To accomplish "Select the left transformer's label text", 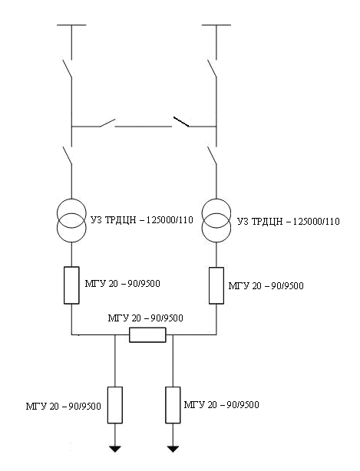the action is click(x=142, y=220).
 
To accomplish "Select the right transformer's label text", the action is click(x=289, y=222).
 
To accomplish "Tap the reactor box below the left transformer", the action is click(x=71, y=285).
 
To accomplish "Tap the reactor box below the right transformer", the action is click(x=216, y=285).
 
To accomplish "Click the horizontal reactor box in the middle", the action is click(x=147, y=334).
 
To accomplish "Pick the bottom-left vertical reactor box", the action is click(x=115, y=405).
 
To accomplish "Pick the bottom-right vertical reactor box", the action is click(x=173, y=405).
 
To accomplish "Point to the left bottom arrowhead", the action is click(x=115, y=449).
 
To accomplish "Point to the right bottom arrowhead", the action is click(x=173, y=449).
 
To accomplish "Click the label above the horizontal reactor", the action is click(x=145, y=318).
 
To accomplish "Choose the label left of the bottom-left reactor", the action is click(x=64, y=407).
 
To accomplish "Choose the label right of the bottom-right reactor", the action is click(x=222, y=404).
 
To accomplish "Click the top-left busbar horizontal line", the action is click(x=71, y=25).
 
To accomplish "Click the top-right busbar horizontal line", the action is click(x=216, y=25).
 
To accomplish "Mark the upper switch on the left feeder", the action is click(x=68, y=69).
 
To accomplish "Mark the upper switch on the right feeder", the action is click(x=212, y=69).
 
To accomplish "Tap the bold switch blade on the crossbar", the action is click(x=181, y=121).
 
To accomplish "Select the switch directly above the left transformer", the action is click(x=68, y=155).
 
